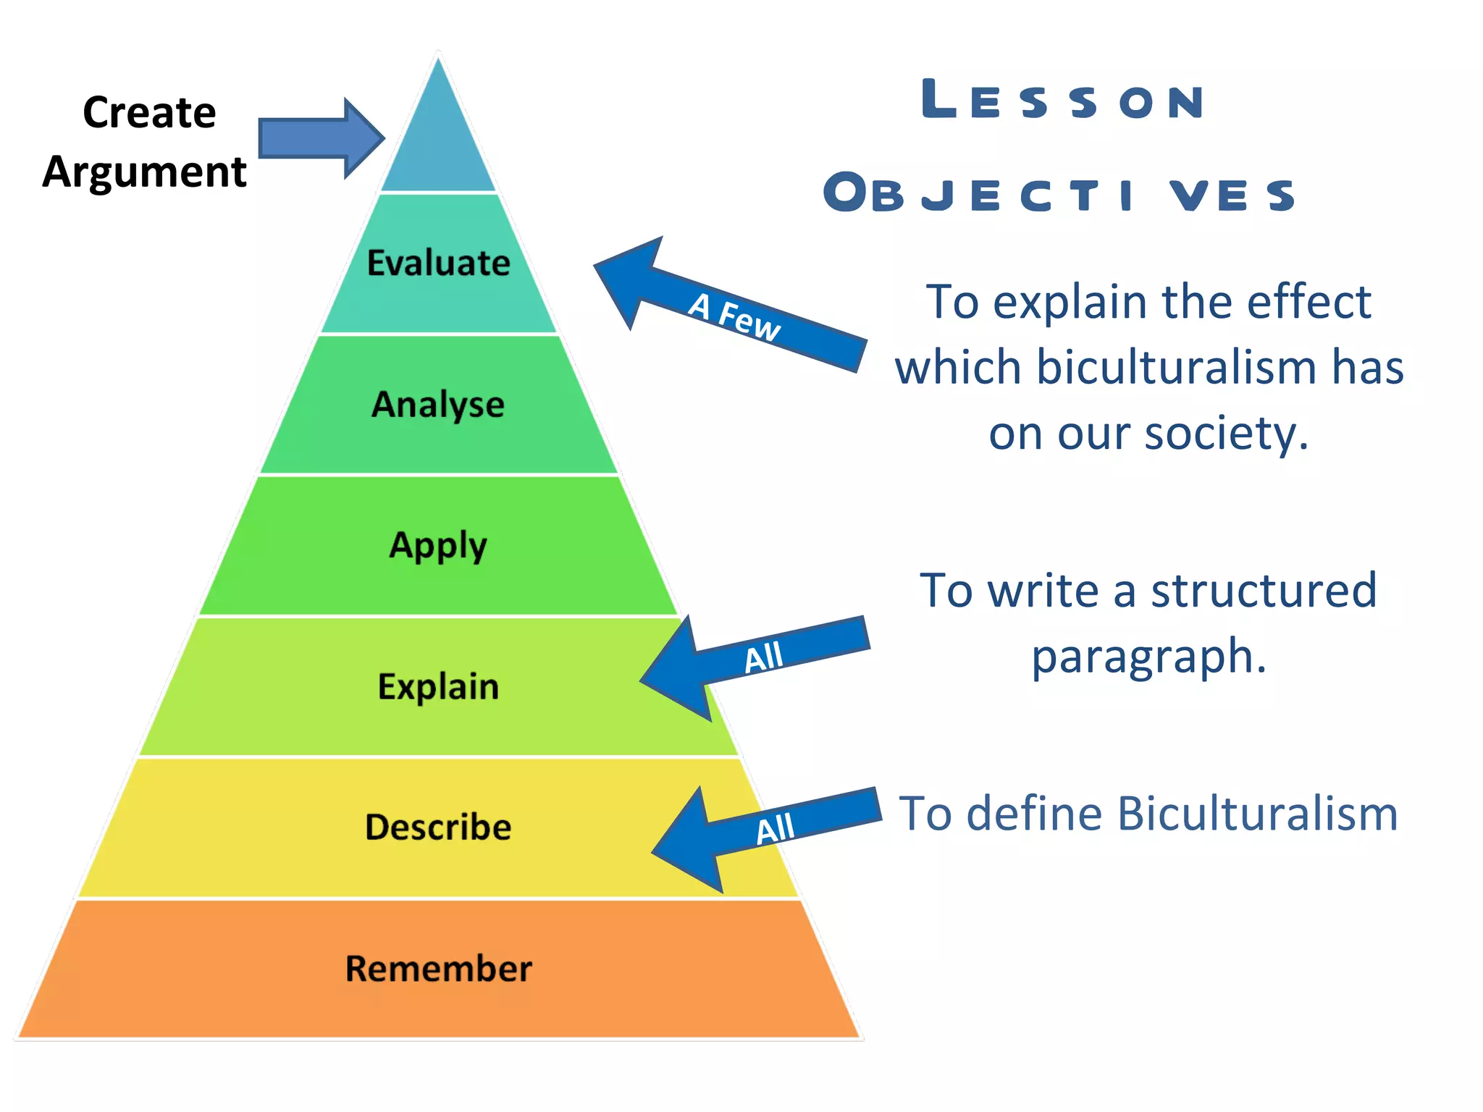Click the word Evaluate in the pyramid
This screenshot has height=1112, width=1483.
point(438,263)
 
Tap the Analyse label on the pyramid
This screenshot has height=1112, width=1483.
point(438,405)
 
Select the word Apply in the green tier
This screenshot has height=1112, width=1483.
point(438,546)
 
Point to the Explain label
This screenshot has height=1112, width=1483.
point(438,687)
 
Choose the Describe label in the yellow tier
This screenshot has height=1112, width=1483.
point(438,827)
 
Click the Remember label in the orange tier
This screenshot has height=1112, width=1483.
point(438,969)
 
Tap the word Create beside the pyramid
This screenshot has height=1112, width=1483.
point(149,113)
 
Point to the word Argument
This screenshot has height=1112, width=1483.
point(144,172)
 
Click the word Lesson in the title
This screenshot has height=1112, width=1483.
point(1063,101)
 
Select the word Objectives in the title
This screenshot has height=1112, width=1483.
point(1059,194)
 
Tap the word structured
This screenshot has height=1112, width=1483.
point(1264,590)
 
